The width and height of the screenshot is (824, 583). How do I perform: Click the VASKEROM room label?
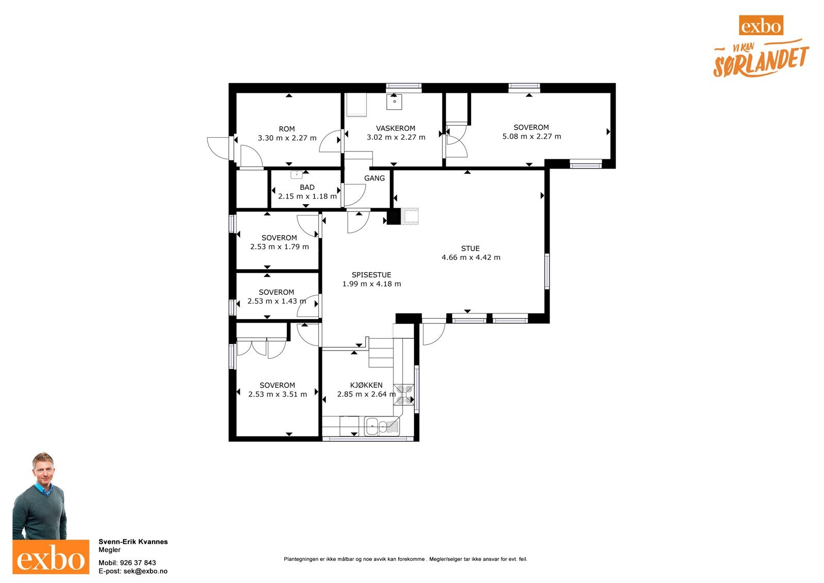(x=396, y=128)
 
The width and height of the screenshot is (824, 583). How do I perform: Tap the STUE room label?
(x=470, y=248)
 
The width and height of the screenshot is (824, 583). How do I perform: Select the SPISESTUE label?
(x=371, y=275)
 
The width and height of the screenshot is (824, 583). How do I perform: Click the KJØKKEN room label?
(x=366, y=385)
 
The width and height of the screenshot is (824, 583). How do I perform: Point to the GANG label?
(x=374, y=178)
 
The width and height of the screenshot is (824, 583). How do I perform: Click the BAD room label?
(x=307, y=188)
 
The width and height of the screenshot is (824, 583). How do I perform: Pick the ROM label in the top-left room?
(x=286, y=129)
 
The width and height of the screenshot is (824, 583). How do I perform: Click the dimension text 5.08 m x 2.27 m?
(x=531, y=137)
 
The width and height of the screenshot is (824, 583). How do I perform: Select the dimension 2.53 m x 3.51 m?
(x=278, y=394)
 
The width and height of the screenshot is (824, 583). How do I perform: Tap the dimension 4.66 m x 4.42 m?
(x=471, y=257)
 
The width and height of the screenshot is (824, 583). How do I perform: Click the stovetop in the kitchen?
(x=404, y=394)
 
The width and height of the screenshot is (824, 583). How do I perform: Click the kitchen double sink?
(x=382, y=426)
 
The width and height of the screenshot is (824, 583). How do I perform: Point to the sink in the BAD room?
(x=297, y=174)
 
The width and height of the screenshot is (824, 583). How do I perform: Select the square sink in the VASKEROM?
(x=394, y=102)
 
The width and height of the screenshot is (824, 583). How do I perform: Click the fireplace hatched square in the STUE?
(x=409, y=216)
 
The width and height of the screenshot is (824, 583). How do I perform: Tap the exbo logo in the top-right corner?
(x=761, y=25)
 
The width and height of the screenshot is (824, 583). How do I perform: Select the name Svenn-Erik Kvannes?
(x=133, y=542)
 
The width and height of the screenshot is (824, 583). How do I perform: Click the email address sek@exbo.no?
(x=145, y=571)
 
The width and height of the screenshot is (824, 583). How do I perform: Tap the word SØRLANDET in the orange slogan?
(x=761, y=63)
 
